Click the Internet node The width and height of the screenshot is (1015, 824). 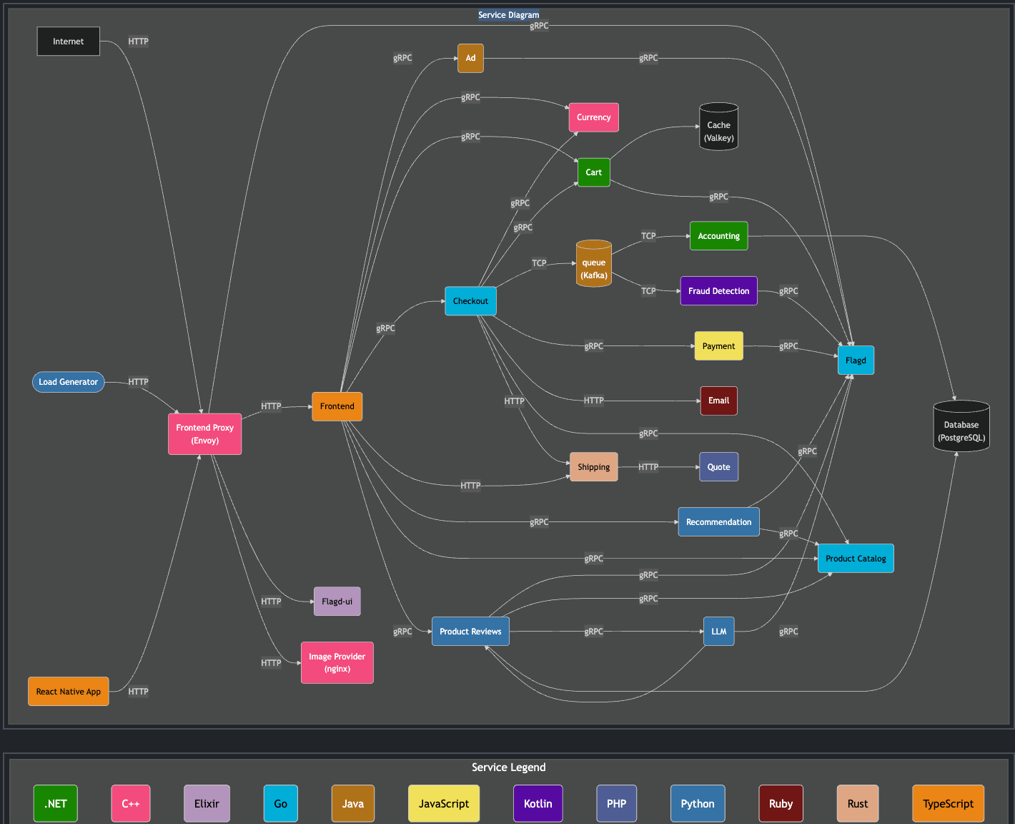pos(68,41)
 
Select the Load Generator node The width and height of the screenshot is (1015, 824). pos(68,382)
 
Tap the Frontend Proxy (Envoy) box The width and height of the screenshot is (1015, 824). pos(204,434)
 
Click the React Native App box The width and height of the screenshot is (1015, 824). pos(68,692)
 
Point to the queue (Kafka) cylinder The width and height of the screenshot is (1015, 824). pos(593,265)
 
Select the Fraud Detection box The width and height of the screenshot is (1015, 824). pos(718,291)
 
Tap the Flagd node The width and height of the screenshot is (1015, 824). pos(855,360)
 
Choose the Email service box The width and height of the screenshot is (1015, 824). pos(718,401)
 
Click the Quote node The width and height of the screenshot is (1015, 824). pos(718,467)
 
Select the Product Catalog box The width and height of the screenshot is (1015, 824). pos(855,559)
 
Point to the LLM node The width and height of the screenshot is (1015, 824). pos(718,632)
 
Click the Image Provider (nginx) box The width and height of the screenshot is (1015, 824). pos(337,662)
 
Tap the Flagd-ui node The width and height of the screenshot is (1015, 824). pos(337,602)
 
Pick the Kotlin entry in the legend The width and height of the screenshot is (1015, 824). pos(538,803)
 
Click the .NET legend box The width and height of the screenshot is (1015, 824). pos(56,803)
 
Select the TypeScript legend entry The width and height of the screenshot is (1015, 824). pos(948,803)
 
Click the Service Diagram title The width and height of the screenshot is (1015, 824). pos(508,15)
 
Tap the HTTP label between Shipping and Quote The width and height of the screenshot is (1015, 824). pos(648,467)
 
